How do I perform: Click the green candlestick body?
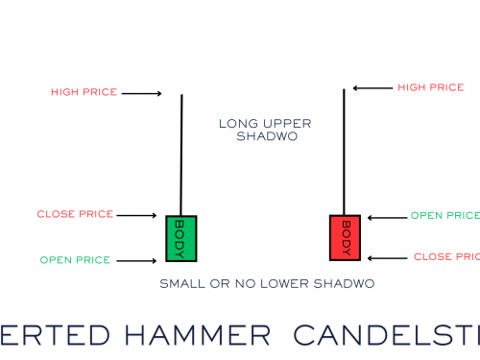point(180,237)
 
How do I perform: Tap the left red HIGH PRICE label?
point(84,92)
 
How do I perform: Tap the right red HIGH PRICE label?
point(430,87)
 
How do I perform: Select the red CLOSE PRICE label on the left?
point(76,214)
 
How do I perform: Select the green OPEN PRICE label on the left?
point(75,260)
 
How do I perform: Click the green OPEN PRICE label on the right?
point(444,215)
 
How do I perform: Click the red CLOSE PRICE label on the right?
point(446,257)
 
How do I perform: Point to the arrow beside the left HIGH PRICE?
point(143,93)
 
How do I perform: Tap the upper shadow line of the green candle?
point(180,154)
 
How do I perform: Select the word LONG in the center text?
point(234,124)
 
